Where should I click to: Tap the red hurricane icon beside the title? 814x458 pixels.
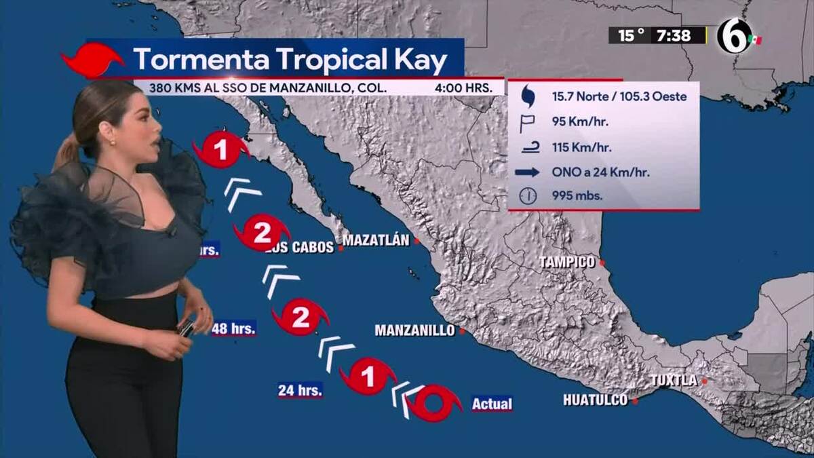click(93, 60)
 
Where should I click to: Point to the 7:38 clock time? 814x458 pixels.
click(678, 35)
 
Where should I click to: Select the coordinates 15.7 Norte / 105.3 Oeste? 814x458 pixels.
click(619, 96)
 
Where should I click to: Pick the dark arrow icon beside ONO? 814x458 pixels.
click(527, 172)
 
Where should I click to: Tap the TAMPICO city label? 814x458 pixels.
click(567, 262)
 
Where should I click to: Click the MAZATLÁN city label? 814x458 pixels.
click(376, 240)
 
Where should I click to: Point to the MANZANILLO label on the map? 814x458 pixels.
click(414, 330)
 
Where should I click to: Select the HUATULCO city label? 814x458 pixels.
click(595, 400)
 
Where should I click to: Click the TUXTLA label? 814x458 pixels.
click(674, 381)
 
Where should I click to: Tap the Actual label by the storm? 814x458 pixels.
click(492, 404)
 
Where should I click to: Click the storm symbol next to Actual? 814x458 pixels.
click(434, 403)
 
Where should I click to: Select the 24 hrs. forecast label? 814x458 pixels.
click(300, 390)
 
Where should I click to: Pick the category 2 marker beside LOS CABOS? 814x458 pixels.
click(261, 233)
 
